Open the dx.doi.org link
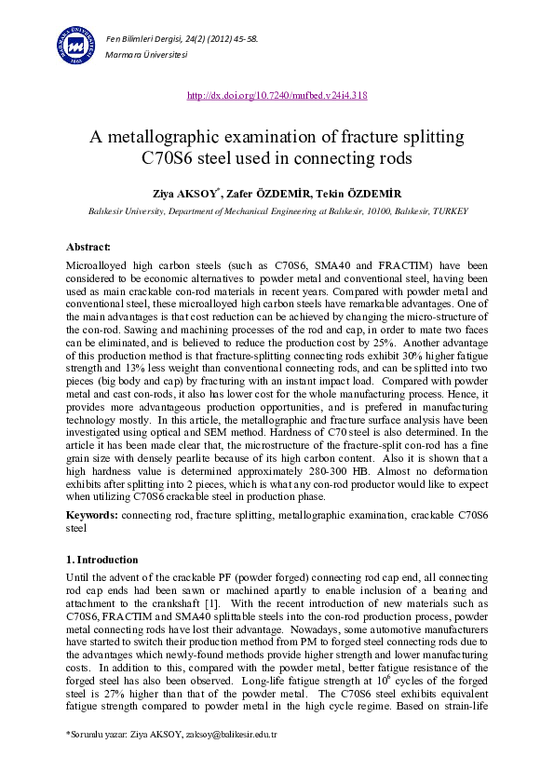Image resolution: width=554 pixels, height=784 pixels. (x=277, y=95)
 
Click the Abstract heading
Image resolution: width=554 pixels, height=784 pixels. (x=88, y=247)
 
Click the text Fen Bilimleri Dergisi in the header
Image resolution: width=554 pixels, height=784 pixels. (x=143, y=37)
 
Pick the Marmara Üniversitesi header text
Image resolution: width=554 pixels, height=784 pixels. (x=147, y=55)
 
